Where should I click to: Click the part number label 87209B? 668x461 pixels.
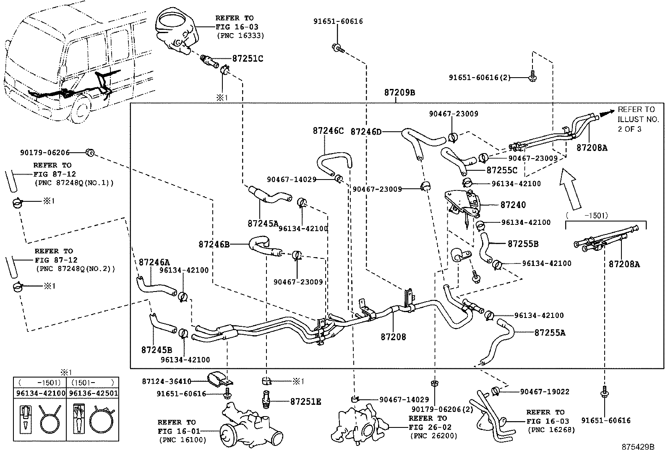pos(399,92)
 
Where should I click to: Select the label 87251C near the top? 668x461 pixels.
pos(248,59)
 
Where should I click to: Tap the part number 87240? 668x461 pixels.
pos(513,205)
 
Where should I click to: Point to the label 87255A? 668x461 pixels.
pos(550,333)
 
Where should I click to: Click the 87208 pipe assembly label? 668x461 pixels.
pos(393,337)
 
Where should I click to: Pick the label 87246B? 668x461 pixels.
pos(214,244)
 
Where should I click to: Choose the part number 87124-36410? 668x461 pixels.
pos(167,381)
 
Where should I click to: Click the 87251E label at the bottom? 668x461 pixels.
pos(305,402)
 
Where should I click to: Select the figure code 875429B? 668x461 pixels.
pos(638,447)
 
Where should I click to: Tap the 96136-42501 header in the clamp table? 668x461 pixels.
pos(93,393)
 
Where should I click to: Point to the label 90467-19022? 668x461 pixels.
pos(544,392)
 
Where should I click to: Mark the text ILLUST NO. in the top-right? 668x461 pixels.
pos(638,119)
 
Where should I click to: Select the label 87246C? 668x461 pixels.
pos(328,131)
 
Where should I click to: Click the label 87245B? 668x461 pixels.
pos(157,350)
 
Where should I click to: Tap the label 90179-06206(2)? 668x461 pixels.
pos(436,409)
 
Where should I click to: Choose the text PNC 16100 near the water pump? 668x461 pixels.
pos(183,440)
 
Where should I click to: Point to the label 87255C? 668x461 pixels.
pos(502,171)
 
